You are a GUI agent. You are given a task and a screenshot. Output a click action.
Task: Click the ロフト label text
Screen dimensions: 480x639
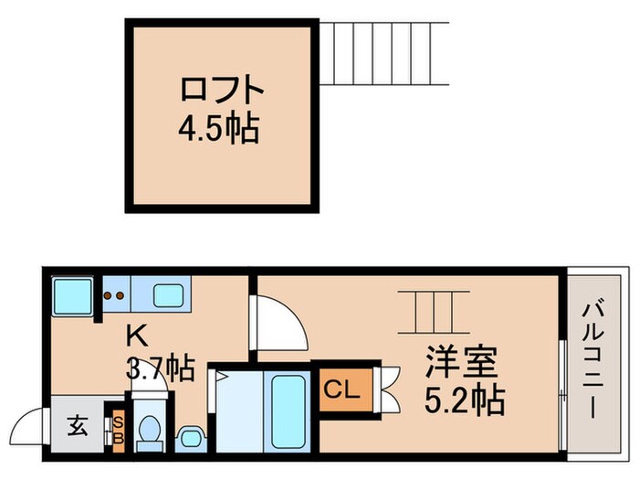pos(223,91)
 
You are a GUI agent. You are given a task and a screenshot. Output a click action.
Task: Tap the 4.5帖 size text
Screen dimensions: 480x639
pos(219,128)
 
